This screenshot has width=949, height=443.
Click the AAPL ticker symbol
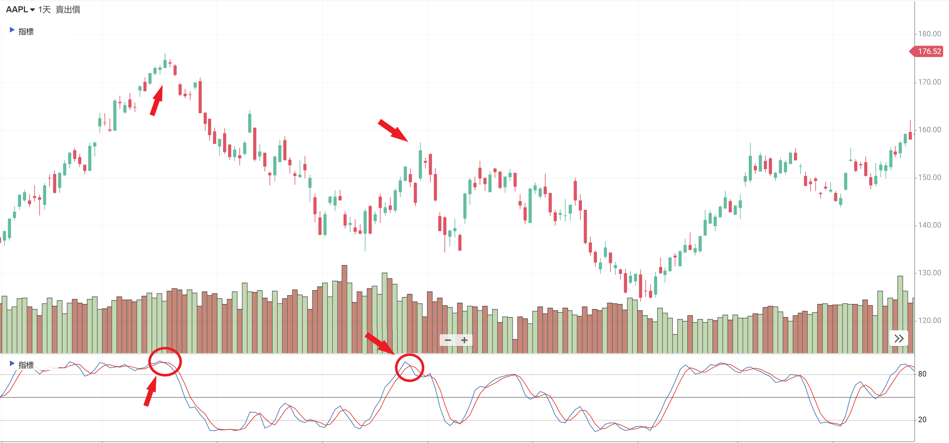[x=17, y=10]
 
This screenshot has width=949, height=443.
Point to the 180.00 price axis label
[x=929, y=34]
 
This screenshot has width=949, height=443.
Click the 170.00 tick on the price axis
[x=929, y=82]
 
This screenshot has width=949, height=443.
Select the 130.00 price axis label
[x=929, y=273]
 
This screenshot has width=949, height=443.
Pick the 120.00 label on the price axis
[x=929, y=320]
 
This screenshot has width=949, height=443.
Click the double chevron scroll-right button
[x=899, y=339]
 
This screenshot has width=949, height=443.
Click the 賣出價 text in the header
[x=68, y=10]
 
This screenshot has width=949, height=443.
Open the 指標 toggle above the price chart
[x=22, y=31]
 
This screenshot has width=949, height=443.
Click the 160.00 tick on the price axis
[x=929, y=130]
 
